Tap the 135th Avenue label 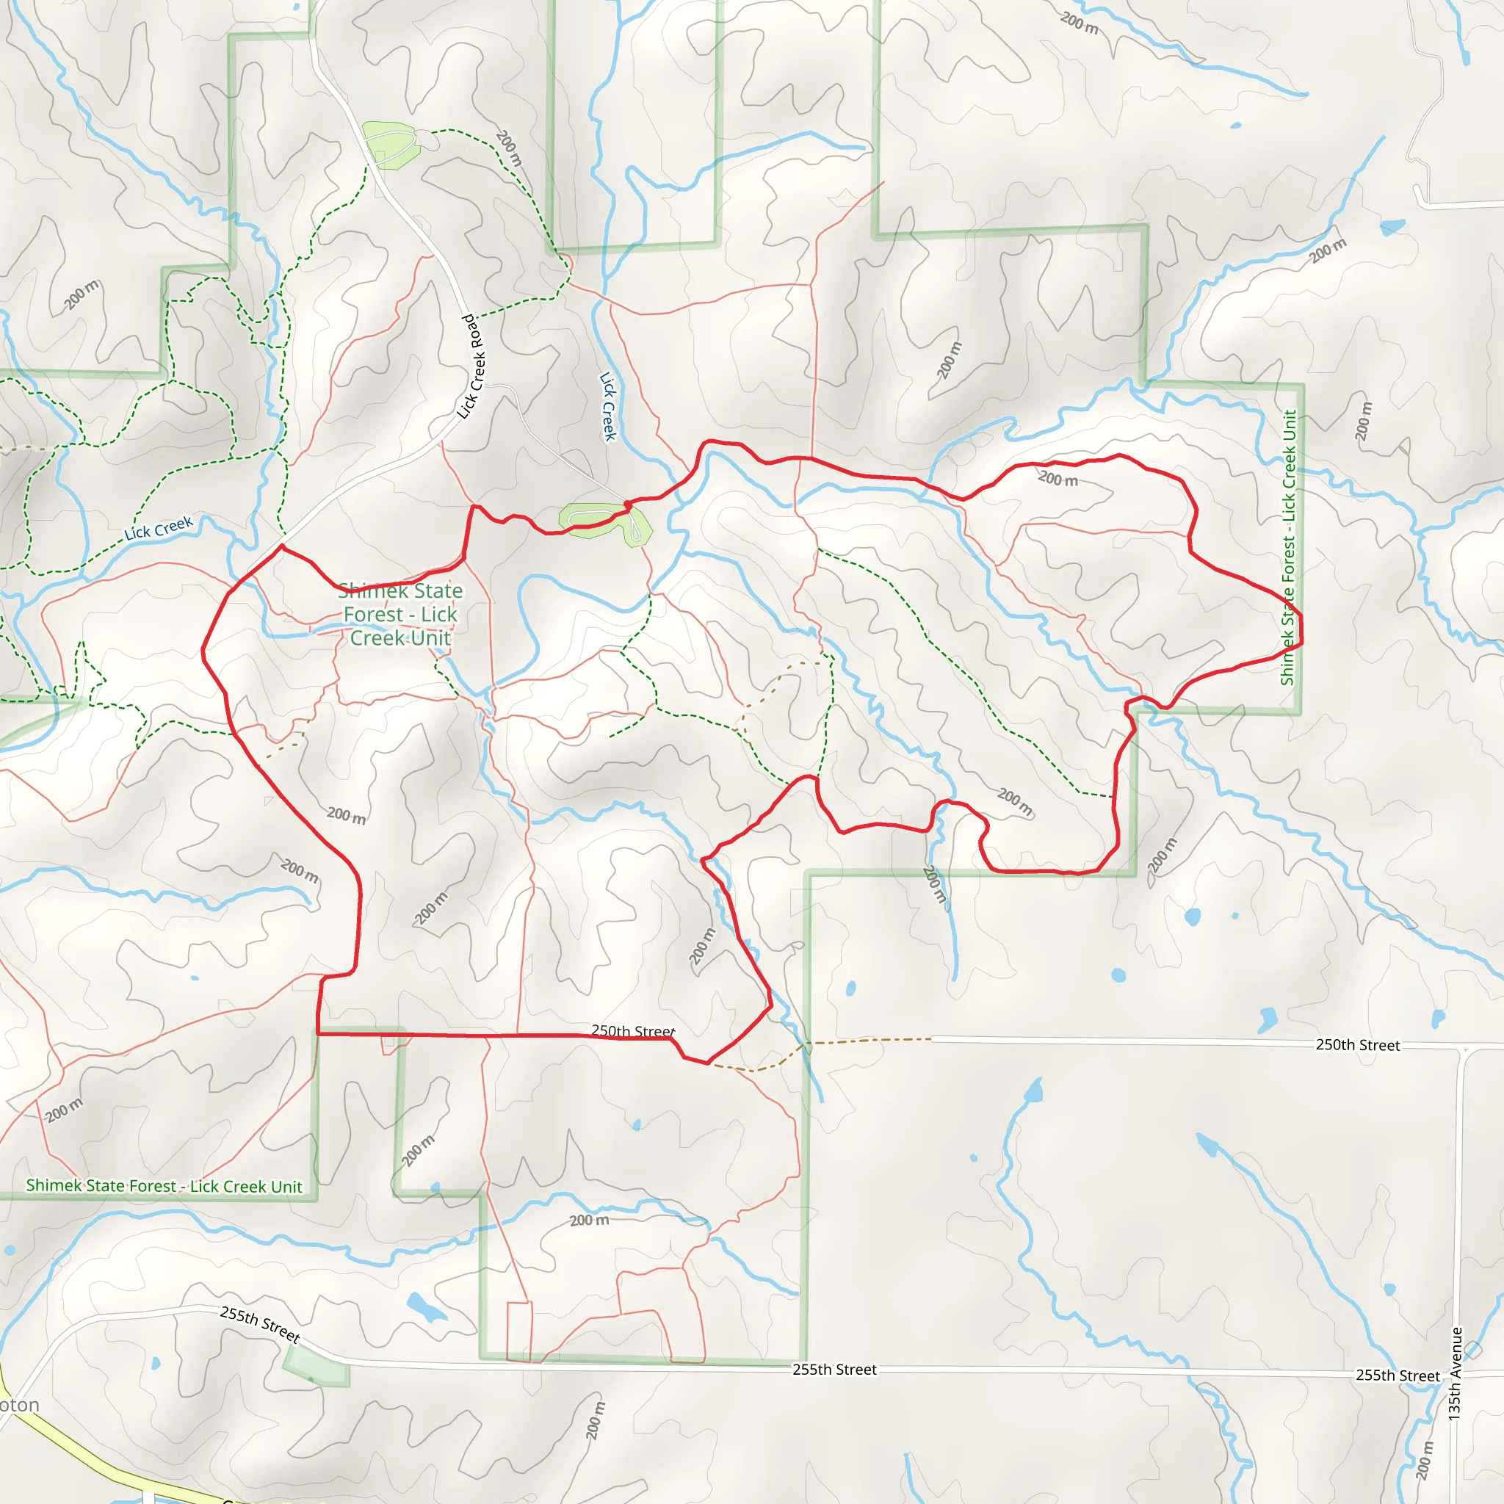click(x=1454, y=1374)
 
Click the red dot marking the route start click(x=628, y=505)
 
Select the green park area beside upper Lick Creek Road click(x=391, y=143)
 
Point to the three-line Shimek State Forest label click(x=400, y=615)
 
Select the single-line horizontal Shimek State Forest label click(x=164, y=1187)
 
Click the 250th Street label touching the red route click(x=633, y=1032)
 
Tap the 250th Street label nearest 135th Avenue click(x=1358, y=1046)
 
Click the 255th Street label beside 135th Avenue click(x=1398, y=1375)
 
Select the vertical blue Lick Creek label click(x=608, y=406)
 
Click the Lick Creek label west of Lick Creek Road click(x=159, y=529)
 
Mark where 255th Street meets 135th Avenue click(x=1456, y=1375)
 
